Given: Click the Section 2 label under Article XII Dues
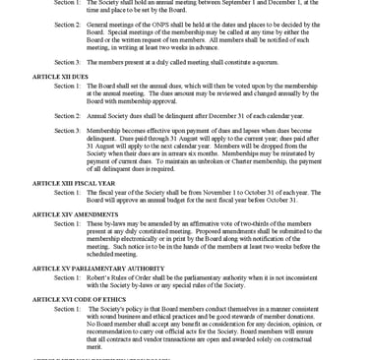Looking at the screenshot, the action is (67, 115).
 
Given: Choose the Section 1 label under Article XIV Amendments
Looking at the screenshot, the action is (67, 223).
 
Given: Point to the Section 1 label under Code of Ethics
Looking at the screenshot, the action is (67, 308).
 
